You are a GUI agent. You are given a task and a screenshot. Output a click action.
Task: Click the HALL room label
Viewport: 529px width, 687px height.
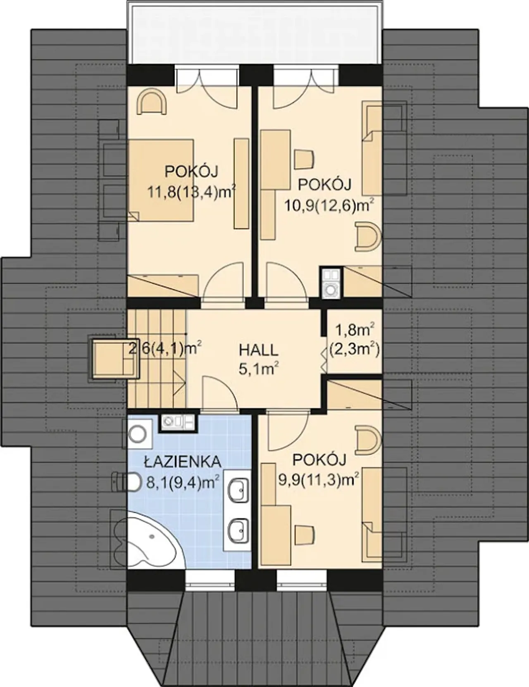point(258,350)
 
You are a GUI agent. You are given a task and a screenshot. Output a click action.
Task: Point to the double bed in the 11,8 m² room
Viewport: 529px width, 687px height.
point(160,180)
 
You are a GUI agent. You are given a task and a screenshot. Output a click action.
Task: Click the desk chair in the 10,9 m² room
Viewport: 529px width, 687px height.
point(304,159)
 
